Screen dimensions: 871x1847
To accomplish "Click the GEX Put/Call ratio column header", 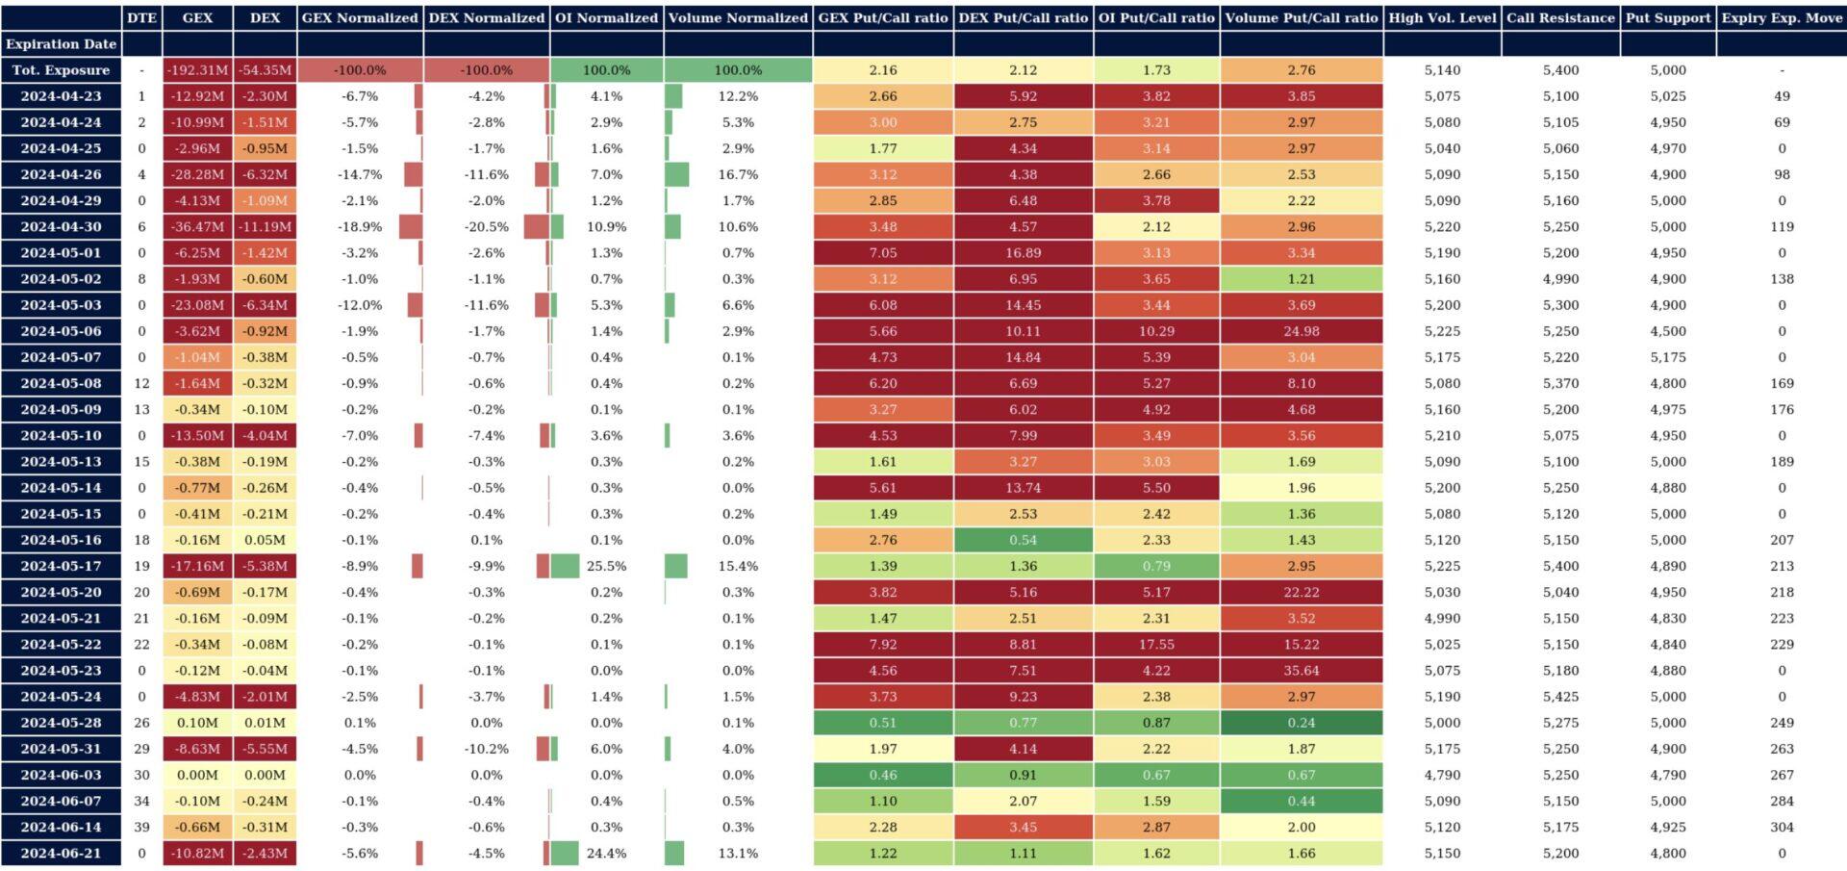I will pyautogui.click(x=882, y=17).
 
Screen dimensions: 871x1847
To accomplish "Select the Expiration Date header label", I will pyautogui.click(x=61, y=44).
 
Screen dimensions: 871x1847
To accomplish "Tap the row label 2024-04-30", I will pyautogui.click(x=61, y=227).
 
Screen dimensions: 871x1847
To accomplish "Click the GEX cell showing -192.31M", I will pyautogui.click(x=197, y=70).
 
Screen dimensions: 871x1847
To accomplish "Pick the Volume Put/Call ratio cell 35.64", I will pyautogui.click(x=1301, y=671).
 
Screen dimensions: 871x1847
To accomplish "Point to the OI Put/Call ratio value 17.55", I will pyautogui.click(x=1156, y=645).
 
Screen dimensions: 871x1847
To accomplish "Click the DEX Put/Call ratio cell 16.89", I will pyautogui.click(x=1023, y=253).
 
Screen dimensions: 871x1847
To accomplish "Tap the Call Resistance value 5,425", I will pyautogui.click(x=1560, y=697).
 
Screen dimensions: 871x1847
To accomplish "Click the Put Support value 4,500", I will pyautogui.click(x=1668, y=331).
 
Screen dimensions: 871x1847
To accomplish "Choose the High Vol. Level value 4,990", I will pyautogui.click(x=1442, y=619).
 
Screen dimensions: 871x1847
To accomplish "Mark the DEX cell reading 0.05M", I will pyautogui.click(x=265, y=540).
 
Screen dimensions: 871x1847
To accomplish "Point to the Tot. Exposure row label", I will pyautogui.click(x=61, y=70).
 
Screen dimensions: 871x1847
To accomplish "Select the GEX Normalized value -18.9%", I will pyautogui.click(x=360, y=227).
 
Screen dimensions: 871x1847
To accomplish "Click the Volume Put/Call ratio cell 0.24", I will pyautogui.click(x=1301, y=723).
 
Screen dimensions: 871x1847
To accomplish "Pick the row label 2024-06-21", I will pyautogui.click(x=61, y=854).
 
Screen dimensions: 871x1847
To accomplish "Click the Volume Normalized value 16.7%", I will pyautogui.click(x=738, y=175).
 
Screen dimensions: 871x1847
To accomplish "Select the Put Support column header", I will pyautogui.click(x=1668, y=17).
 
